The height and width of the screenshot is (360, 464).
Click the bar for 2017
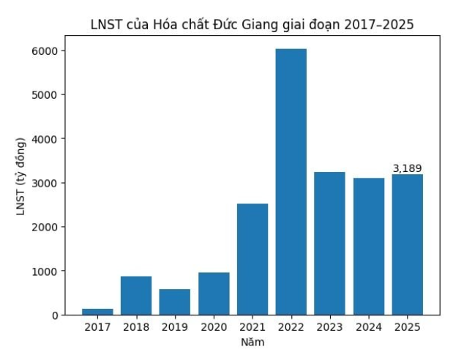tap(97, 312)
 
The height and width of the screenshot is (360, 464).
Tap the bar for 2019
tap(175, 301)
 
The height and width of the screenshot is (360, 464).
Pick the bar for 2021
tap(252, 259)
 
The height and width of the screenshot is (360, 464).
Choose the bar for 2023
tap(329, 243)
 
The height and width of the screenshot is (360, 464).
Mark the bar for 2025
tap(407, 244)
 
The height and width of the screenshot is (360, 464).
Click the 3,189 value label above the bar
tap(407, 168)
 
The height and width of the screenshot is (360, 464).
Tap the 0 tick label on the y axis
tap(56, 315)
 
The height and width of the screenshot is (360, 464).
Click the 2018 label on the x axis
tap(136, 328)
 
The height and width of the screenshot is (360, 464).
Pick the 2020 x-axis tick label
tap(214, 328)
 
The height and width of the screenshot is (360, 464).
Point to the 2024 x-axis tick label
tap(368, 328)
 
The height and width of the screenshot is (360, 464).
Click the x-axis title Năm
tap(252, 342)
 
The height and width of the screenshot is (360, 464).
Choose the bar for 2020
tap(214, 293)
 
